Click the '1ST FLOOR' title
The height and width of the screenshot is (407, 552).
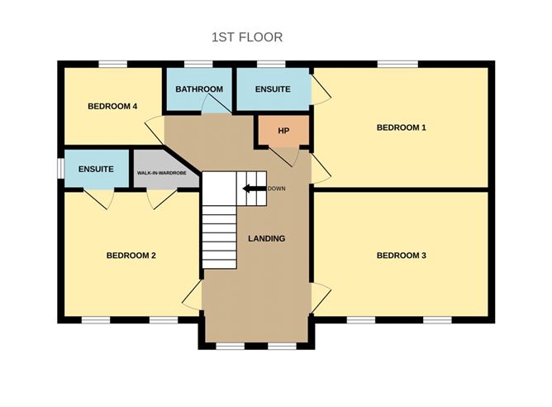247,37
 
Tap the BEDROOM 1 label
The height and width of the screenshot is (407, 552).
401,127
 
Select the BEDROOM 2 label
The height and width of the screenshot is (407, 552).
131,256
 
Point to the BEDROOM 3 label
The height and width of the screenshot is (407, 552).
401,256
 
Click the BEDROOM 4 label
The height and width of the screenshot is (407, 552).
112,106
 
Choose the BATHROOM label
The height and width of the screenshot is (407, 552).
199,89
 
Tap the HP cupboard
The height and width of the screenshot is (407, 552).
283,132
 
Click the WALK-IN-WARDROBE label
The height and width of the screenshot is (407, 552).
167,175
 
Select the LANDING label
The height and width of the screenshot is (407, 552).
266,239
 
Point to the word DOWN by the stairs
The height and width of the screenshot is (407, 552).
277,189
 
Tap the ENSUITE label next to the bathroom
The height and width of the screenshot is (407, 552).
273,89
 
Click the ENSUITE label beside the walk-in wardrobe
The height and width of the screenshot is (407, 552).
96,169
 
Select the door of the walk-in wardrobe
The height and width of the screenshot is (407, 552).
161,199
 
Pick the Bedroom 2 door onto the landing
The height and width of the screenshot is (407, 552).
192,295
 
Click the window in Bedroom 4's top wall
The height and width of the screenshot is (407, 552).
112,64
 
